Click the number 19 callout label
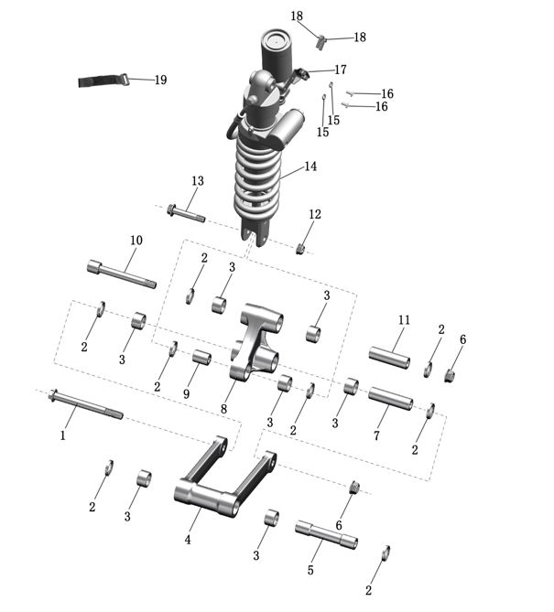pos(160,81)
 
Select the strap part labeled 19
pos(99,81)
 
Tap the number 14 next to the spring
pos(310,166)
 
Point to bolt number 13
pos(186,215)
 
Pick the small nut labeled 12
pos(299,249)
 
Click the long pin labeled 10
pos(121,274)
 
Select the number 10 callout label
pos(136,241)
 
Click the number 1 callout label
pos(63,435)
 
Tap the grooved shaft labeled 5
pos(325,533)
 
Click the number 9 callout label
pos(186,394)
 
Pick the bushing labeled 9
pos(201,357)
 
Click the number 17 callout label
pos(341,70)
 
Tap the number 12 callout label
pos(314,215)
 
